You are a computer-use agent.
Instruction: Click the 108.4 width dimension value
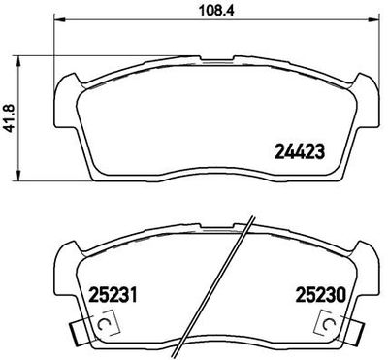[197, 11]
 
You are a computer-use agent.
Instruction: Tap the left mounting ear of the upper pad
[62, 97]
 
